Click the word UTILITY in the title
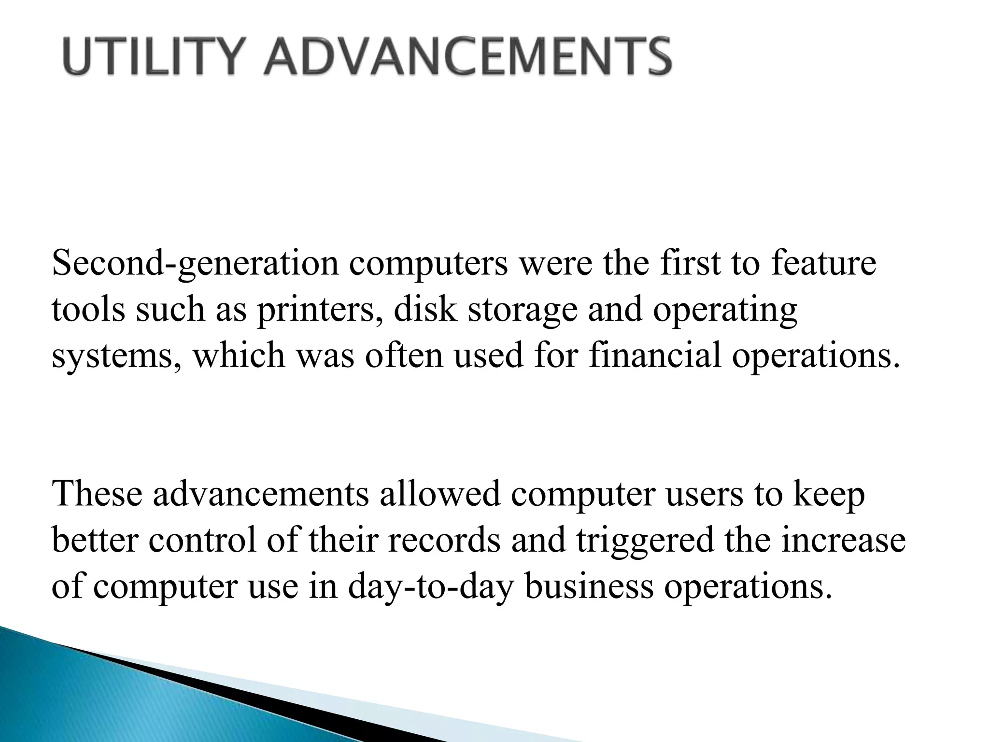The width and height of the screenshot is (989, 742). pyautogui.click(x=151, y=57)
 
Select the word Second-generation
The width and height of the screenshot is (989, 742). pyautogui.click(x=196, y=264)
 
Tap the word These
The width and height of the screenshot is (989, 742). pyautogui.click(x=97, y=494)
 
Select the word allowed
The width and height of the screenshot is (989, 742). pyautogui.click(x=439, y=494)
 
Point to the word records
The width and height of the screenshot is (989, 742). pyautogui.click(x=443, y=541)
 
